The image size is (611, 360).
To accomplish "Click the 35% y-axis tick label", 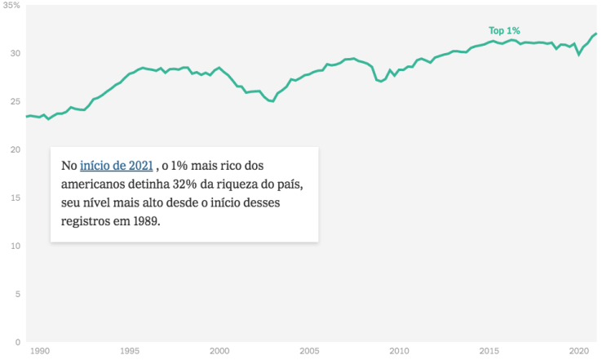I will [x=11, y=5].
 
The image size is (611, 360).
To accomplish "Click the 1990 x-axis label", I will [x=40, y=351].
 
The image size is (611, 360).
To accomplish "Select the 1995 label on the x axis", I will [x=130, y=351].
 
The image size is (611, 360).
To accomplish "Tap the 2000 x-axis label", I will [x=219, y=351].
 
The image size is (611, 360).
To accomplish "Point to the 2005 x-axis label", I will [x=309, y=351].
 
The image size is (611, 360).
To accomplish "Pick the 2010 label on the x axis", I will [x=399, y=351].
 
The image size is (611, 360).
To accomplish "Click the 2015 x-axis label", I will [x=489, y=351].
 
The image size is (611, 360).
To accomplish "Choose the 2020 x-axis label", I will [x=578, y=351].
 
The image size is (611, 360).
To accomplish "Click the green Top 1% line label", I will [x=504, y=31].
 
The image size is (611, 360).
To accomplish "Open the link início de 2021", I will [x=116, y=166].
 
